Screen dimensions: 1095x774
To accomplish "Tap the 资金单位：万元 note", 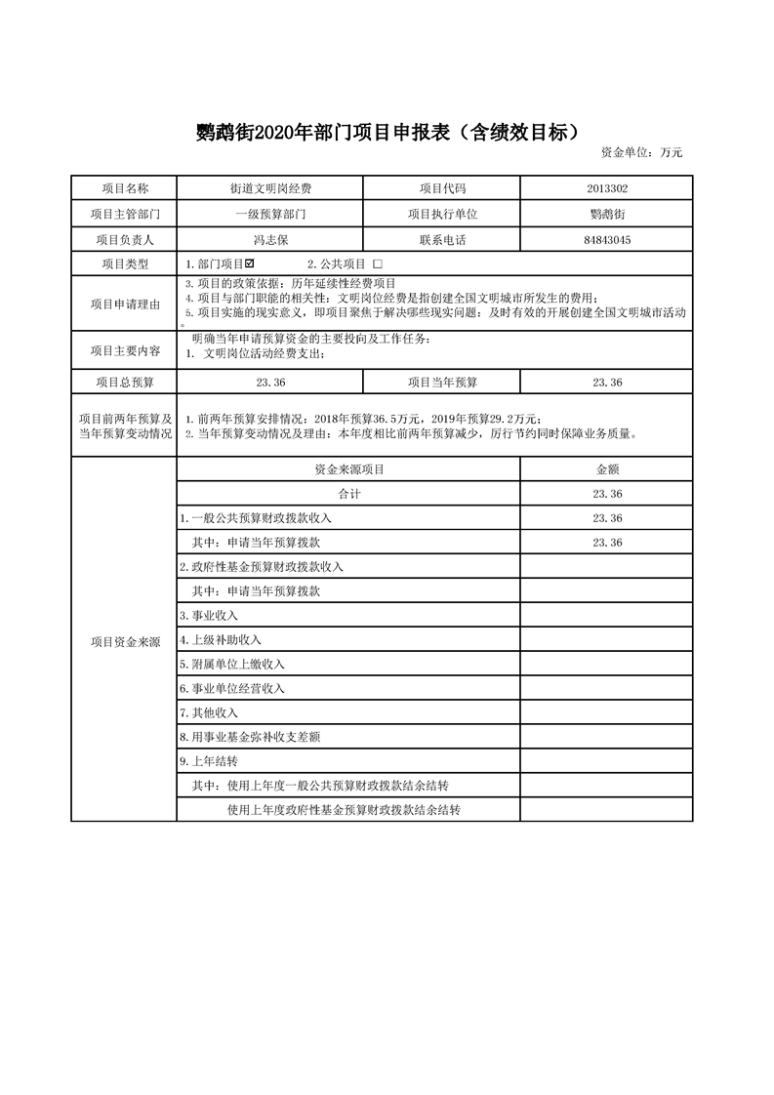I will coord(641,152).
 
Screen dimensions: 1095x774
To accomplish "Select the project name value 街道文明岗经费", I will coord(270,188).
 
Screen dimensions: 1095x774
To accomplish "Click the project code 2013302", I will coord(607,188).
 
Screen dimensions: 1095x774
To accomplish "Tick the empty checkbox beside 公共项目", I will coord(377,264).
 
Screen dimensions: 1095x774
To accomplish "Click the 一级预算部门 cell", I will coord(270,214).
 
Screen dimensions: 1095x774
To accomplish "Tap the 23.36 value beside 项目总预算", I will coord(270,383).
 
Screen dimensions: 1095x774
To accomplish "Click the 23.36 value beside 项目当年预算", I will coord(607,383).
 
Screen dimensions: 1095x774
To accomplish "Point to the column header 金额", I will coord(607,469).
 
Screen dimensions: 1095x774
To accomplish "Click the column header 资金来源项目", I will coord(348,469).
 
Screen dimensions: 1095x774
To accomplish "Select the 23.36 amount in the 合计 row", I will coord(607,494).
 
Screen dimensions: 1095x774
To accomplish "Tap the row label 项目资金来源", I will coord(124,641).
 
